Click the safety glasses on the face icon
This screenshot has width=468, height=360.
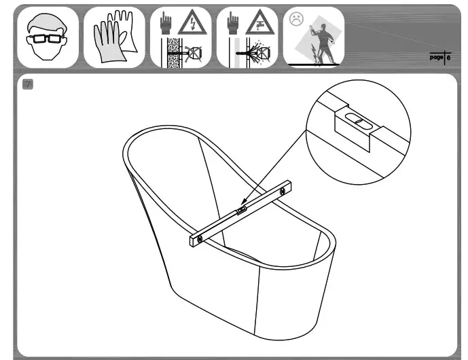click(46, 39)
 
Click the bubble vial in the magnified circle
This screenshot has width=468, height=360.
click(356, 121)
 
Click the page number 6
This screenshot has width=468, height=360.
click(448, 58)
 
